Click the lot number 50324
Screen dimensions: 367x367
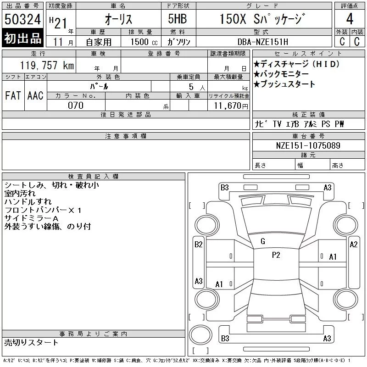(x=22, y=19)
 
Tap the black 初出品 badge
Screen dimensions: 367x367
(x=22, y=38)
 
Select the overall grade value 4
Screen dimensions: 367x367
(x=350, y=19)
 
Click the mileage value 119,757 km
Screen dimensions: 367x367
(x=47, y=65)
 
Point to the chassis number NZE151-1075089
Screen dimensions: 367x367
(x=308, y=145)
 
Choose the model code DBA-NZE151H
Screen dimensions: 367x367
(x=263, y=42)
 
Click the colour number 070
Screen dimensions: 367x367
(x=76, y=106)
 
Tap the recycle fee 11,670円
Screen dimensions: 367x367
(x=231, y=106)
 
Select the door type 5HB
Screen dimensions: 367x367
(x=178, y=19)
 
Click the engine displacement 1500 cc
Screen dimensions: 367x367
(x=144, y=42)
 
